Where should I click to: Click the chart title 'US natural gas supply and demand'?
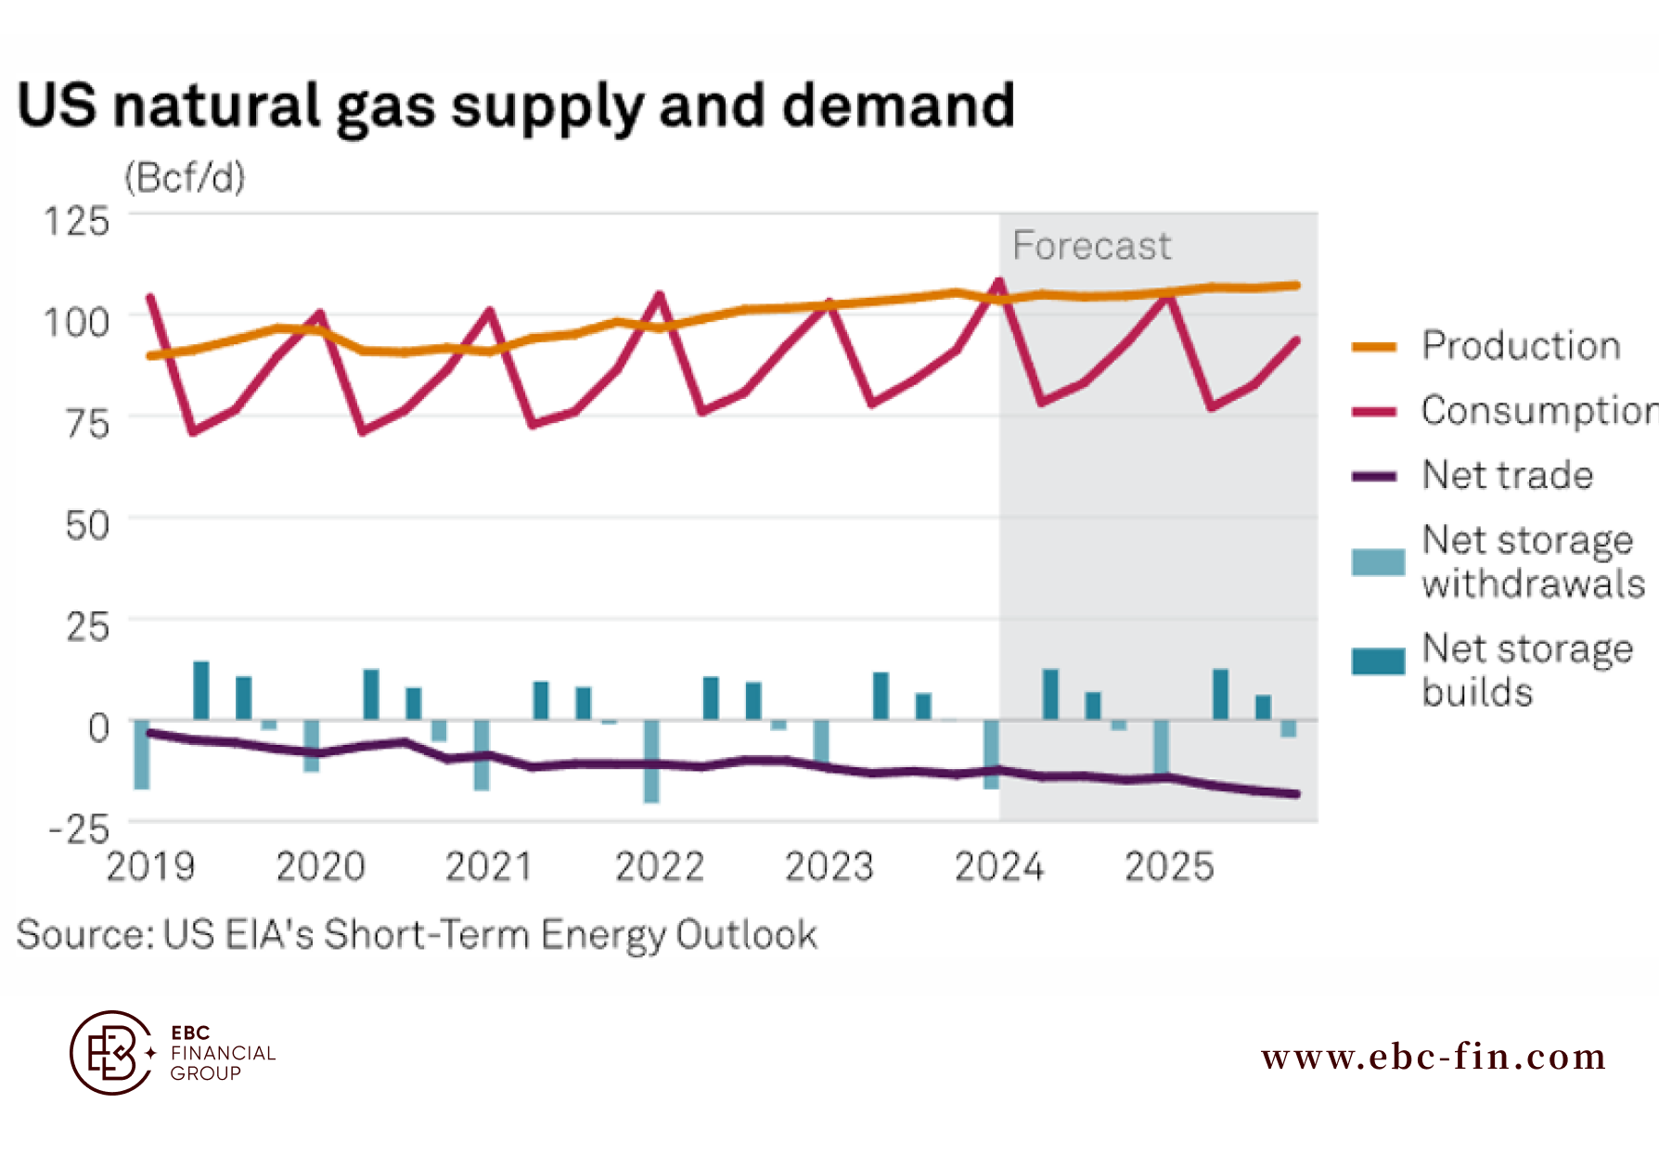(x=516, y=106)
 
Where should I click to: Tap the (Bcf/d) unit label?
(x=185, y=177)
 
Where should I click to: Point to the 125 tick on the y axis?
(x=77, y=223)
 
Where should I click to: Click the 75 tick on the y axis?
(x=87, y=425)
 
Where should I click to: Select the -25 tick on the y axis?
(x=80, y=828)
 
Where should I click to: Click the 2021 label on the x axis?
(x=489, y=867)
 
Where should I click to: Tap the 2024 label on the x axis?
(x=998, y=867)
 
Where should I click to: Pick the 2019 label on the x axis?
(x=150, y=867)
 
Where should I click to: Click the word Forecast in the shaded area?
(x=1091, y=247)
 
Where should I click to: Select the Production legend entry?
(x=1521, y=346)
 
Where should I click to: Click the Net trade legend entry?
(x=1508, y=475)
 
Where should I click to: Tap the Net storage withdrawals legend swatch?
(x=1378, y=562)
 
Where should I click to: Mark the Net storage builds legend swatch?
(x=1378, y=661)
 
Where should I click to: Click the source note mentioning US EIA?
(x=417, y=935)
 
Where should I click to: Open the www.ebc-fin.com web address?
(x=1434, y=1057)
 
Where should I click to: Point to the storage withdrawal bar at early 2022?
(x=651, y=762)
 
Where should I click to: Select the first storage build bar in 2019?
(x=200, y=690)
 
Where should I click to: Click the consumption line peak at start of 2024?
(x=999, y=281)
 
